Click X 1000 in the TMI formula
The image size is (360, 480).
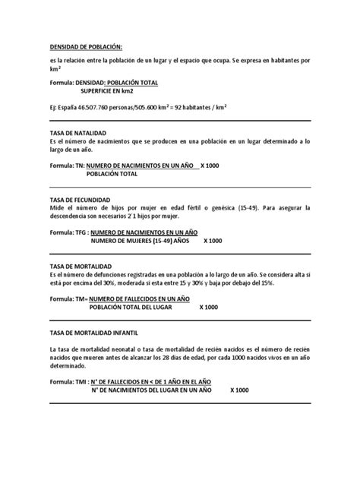point(239,391)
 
